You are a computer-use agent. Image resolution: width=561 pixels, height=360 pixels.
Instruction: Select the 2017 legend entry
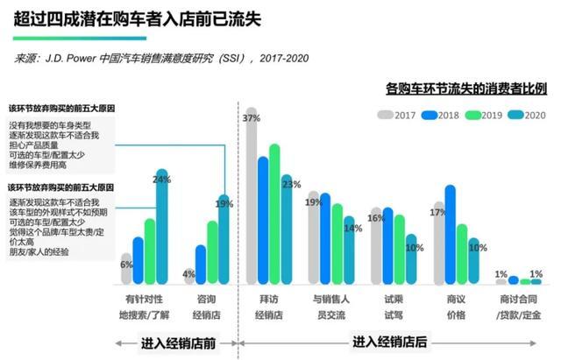397,115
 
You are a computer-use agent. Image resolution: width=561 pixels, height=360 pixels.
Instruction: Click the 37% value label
252,117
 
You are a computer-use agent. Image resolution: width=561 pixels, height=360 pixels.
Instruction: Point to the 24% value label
161,180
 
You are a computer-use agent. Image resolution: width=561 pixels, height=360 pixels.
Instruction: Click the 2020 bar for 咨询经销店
224,241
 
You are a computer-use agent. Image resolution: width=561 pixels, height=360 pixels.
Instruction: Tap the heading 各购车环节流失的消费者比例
466,88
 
